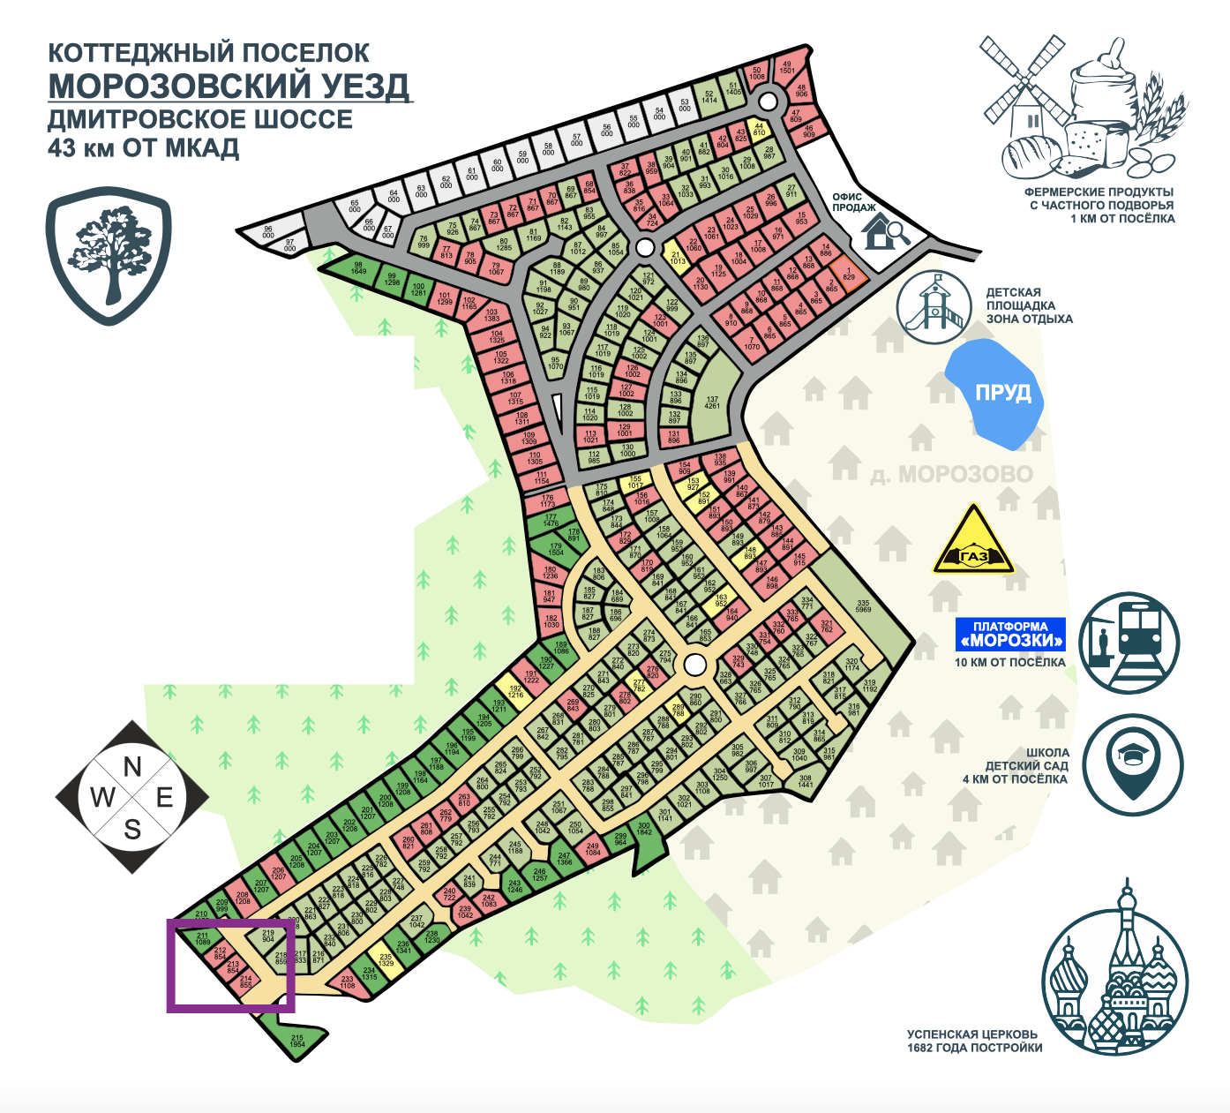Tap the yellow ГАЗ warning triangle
[x=973, y=544]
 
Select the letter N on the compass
[x=132, y=766]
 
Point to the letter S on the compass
[x=132, y=829]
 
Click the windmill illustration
[x=1024, y=86]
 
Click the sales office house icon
[x=882, y=232]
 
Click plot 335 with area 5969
[x=862, y=607]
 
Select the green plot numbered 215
[x=296, y=1040]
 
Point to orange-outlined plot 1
[x=848, y=274]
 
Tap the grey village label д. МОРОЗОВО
[x=951, y=475]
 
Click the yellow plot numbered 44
[x=759, y=130]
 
